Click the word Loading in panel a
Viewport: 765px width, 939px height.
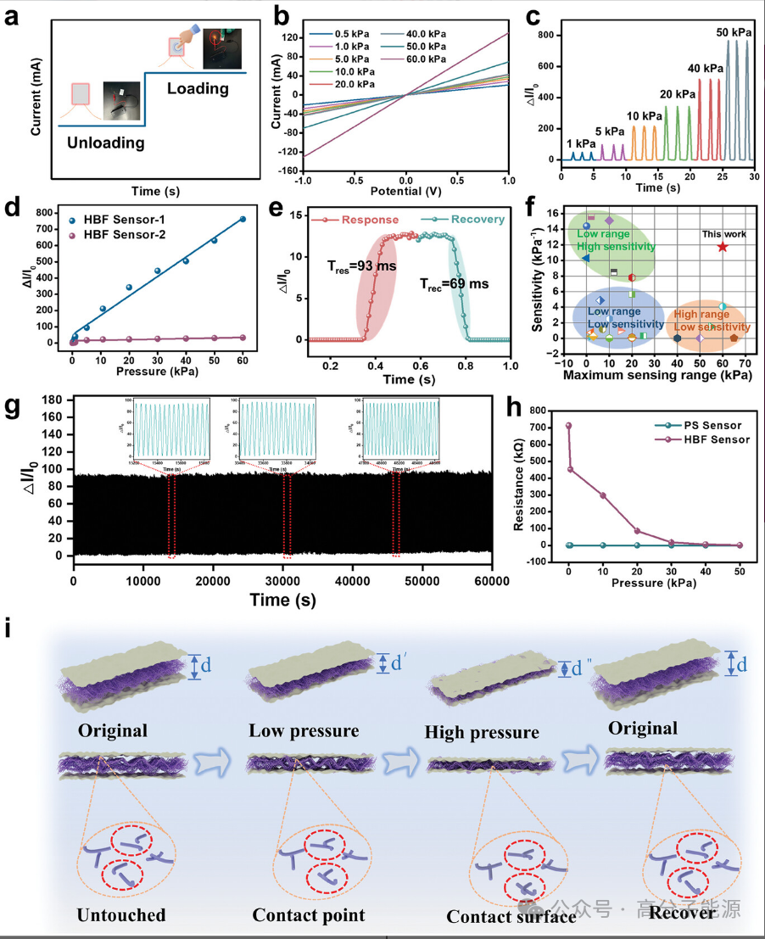(198, 88)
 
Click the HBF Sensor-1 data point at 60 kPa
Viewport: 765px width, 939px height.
(243, 219)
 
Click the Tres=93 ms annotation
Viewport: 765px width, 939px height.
(363, 265)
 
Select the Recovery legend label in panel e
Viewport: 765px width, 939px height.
(475, 220)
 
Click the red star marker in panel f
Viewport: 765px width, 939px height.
(722, 247)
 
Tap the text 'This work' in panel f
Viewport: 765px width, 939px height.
(723, 234)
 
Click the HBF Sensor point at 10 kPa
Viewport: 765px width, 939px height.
(603, 495)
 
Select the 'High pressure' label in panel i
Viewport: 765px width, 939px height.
(481, 732)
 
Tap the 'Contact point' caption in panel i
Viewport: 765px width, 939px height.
(308, 915)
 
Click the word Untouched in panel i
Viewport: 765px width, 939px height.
(120, 915)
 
